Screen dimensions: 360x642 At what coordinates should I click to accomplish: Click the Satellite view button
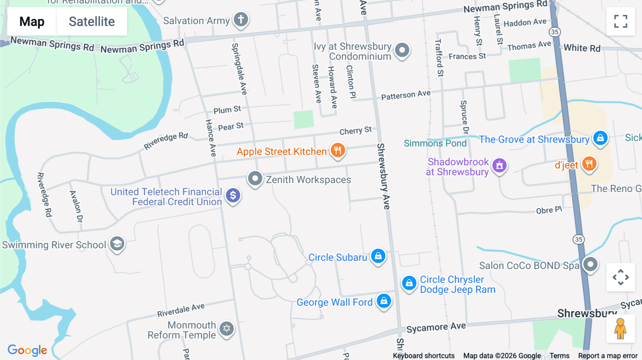92,22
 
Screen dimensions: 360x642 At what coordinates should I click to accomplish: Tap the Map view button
32,22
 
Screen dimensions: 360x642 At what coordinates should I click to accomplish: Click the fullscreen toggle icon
621,21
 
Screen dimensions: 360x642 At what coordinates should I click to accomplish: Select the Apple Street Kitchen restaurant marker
337,150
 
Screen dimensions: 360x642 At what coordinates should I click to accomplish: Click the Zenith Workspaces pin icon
255,178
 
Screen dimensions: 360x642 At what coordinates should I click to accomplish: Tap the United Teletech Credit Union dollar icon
233,195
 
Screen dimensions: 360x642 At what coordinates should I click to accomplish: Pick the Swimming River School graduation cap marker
117,244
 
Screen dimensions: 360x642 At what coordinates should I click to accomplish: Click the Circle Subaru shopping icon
378,256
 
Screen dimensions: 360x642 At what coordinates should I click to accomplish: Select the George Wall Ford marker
384,301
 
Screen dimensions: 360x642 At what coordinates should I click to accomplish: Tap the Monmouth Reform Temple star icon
226,328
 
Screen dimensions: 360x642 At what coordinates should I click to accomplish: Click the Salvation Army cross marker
241,19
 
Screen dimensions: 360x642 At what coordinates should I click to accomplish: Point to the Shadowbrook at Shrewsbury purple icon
499,165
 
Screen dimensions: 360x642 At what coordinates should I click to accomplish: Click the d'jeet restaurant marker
589,164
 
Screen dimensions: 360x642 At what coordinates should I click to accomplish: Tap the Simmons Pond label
435,143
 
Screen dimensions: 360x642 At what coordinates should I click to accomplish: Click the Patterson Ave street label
406,95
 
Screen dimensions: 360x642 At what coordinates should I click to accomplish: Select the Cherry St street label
355,131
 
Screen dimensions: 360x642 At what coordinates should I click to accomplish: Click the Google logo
27,350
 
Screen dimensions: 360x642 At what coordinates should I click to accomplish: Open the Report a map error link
608,356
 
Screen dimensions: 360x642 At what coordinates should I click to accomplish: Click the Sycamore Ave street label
436,327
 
